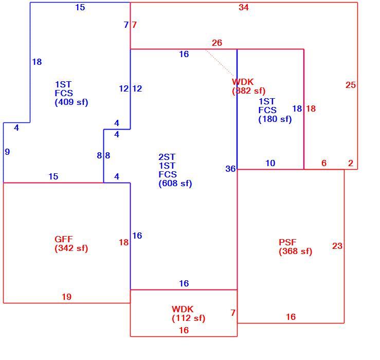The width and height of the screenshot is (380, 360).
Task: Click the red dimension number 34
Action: pos(244,7)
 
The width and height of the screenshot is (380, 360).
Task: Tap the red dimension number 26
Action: pos(217,43)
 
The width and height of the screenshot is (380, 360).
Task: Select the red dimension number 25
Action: pos(351,85)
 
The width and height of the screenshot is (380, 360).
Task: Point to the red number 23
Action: pos(337,246)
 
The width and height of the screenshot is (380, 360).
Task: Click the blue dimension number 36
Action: pos(230,169)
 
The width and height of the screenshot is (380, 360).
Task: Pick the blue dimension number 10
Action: pos(270,163)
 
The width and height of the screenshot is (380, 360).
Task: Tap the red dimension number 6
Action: pos(324,163)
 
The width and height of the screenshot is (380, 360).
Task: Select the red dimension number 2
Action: pos(351,163)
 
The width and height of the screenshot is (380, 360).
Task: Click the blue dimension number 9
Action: pos(7,152)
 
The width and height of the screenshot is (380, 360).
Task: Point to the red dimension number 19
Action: pos(67,297)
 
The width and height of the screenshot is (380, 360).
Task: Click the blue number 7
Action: pos(126,25)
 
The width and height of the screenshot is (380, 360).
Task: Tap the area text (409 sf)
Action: pos(71,102)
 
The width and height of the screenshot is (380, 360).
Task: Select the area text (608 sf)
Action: pos(175,184)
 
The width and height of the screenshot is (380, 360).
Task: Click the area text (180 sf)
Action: pos(275,119)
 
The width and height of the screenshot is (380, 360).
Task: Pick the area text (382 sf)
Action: pos(249,91)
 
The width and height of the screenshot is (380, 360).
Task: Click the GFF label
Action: pos(64,239)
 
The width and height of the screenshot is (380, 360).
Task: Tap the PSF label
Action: pos(287,242)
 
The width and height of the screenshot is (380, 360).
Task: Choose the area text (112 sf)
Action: pos(189,318)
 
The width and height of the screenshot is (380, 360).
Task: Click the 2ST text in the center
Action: pos(167,157)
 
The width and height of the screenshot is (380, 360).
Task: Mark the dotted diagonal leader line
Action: pos(220,63)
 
